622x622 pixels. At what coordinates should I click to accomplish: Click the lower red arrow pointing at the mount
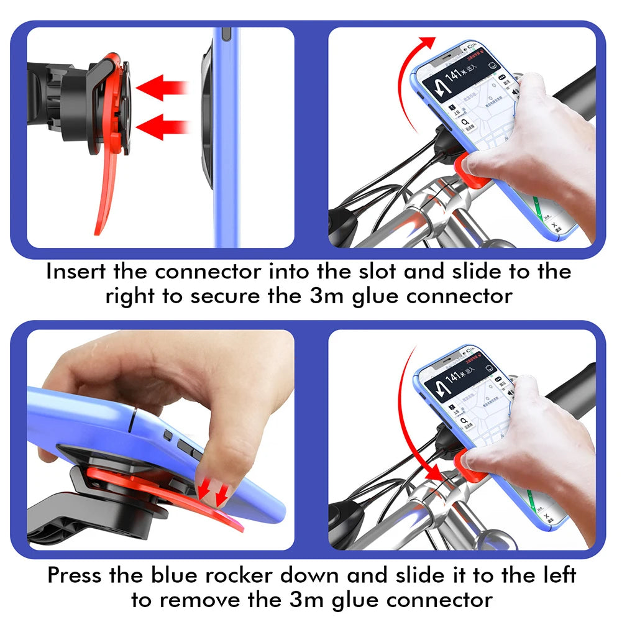click(x=162, y=127)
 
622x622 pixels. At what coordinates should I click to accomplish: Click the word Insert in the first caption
click(x=76, y=272)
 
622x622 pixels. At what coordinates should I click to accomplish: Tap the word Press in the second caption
click(x=75, y=574)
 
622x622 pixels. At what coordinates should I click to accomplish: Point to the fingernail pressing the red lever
click(x=209, y=490)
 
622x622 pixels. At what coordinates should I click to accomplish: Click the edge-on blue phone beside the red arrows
click(x=225, y=137)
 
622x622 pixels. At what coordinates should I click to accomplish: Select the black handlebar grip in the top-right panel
click(x=575, y=87)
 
